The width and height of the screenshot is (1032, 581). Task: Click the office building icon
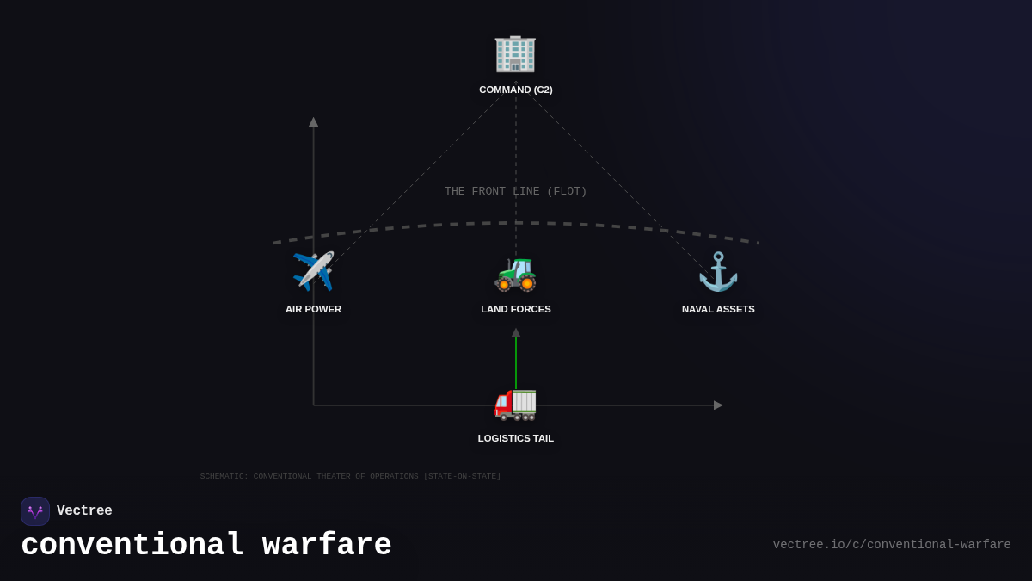click(515, 53)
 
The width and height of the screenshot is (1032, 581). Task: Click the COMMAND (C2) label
click(516, 90)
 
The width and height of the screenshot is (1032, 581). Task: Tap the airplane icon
click(313, 272)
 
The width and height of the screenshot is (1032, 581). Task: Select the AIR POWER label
click(313, 309)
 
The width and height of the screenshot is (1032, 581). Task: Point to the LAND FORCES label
click(516, 309)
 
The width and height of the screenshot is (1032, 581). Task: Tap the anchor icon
click(718, 272)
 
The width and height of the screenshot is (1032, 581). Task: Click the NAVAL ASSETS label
click(718, 309)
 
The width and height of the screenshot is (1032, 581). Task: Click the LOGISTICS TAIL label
click(516, 438)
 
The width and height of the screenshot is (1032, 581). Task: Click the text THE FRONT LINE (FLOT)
click(516, 191)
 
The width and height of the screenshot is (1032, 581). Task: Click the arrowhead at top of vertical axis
click(313, 122)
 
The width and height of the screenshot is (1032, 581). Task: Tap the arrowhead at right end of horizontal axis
click(718, 405)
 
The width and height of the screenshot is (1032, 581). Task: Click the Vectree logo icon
click(35, 511)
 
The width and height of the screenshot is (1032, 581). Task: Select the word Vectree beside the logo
click(84, 511)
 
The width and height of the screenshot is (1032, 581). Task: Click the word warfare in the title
click(327, 546)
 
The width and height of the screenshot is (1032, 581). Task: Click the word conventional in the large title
click(132, 546)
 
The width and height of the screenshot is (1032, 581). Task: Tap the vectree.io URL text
click(892, 545)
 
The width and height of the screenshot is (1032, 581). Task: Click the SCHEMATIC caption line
click(350, 476)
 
